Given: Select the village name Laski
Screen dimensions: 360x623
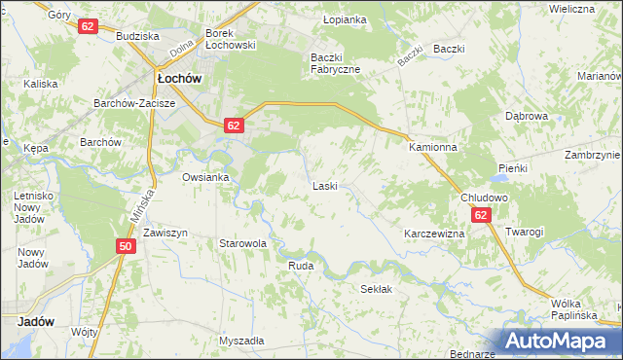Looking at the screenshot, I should [324, 185].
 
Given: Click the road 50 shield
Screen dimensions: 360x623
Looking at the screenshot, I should [125, 247].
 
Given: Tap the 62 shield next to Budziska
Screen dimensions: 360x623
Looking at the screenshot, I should [88, 26].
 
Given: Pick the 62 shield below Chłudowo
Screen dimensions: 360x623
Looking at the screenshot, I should [482, 214].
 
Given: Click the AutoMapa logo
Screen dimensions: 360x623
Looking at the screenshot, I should [559, 342].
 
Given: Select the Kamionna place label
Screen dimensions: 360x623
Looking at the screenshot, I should [433, 147].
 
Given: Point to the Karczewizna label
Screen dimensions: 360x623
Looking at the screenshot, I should [434, 234].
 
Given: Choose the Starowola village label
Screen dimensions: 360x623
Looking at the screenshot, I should [242, 244].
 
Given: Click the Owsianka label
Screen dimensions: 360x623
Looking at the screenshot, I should [205, 177].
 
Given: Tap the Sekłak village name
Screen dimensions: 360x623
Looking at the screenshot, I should [377, 290].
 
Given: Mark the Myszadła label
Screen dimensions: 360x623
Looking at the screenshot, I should [241, 341].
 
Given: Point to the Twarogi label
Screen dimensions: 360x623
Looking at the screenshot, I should [524, 232].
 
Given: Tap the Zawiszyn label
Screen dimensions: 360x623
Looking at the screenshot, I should [165, 234].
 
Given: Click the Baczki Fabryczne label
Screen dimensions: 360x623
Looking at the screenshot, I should [335, 62].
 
